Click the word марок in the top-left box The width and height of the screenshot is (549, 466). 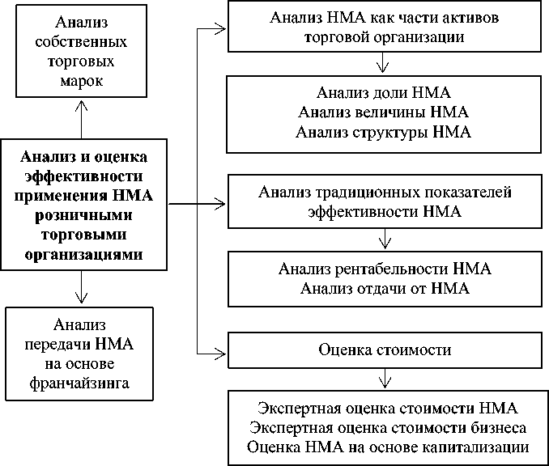pos(82,82)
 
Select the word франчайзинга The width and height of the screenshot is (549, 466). pos(79,383)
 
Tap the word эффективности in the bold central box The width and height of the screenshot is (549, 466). pos(84,176)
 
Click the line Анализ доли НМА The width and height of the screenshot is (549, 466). pos(384,93)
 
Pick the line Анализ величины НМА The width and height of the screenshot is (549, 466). pos(383,112)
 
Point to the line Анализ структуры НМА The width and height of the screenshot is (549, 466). pos(383,133)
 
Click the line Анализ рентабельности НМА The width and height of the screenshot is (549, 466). pos(385,269)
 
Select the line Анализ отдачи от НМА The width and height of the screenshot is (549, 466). pos(385,289)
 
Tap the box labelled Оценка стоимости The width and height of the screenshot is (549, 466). pos(385,350)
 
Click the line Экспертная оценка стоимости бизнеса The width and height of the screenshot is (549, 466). pos(388,428)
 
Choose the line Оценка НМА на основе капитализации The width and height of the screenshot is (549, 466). pos(388,448)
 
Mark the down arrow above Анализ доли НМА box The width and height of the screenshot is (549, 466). pos(382,62)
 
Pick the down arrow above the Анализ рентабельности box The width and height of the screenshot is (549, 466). pos(385,239)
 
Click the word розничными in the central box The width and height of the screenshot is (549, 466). pos(83,215)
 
